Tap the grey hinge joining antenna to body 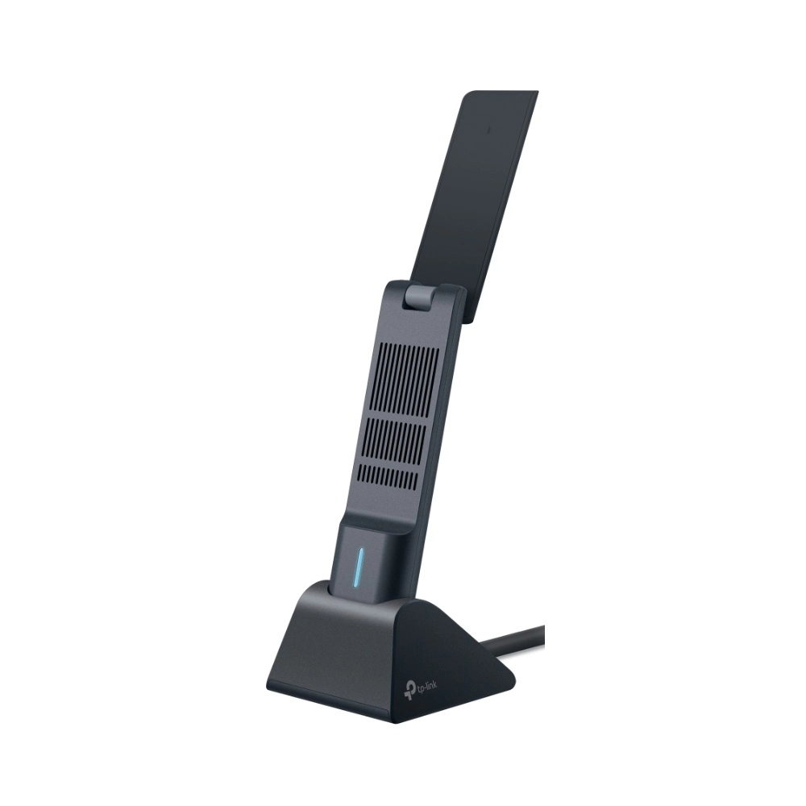click(419, 297)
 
